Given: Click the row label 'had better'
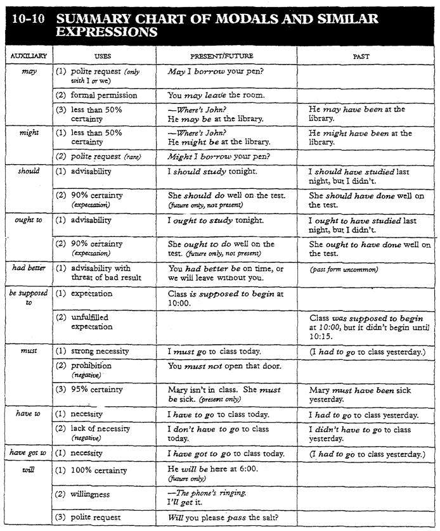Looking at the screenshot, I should point(28,268).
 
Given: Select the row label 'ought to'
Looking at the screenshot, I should point(27,220).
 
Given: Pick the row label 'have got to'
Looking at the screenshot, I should point(26,454).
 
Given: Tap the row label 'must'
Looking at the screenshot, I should point(28,350).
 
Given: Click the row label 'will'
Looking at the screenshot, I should point(28,470).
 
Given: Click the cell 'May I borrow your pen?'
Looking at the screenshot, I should point(216,72).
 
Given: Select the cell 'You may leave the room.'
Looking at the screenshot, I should point(216,95).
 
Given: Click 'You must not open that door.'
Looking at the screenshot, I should point(224,366).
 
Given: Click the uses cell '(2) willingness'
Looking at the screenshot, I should point(91,494).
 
